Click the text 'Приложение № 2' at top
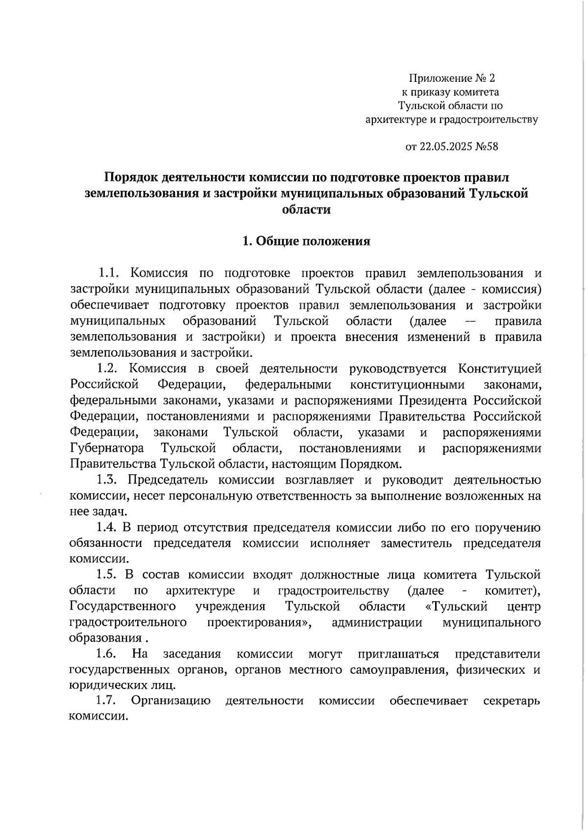tap(452, 78)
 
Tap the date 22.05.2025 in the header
tap(446, 147)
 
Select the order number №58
tap(487, 147)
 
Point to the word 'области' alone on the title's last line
tap(307, 210)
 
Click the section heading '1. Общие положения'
tap(307, 241)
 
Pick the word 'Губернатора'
tap(107, 448)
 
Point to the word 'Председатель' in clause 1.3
tap(166, 480)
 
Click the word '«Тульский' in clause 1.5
tap(457, 607)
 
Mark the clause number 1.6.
tap(106, 654)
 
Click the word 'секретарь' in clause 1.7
tap(512, 701)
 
